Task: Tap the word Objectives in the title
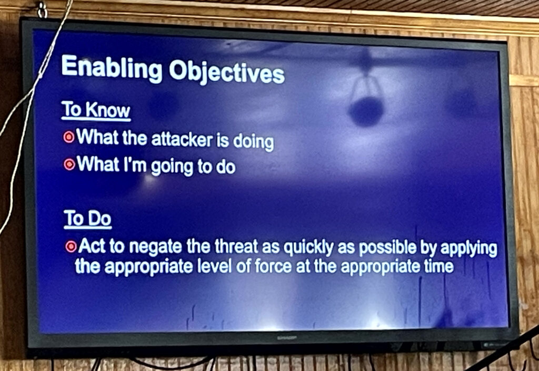coord(227,73)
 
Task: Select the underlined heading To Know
coord(96,110)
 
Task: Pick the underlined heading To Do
coord(88,219)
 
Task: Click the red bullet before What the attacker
coord(69,137)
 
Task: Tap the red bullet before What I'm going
coord(69,164)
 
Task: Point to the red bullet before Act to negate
coord(71,246)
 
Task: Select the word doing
coord(253,141)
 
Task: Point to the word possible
coord(387,248)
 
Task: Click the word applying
coord(469,249)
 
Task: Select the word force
coord(274,266)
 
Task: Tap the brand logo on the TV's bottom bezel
coord(287,338)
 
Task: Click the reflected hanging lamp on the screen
coord(366,99)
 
